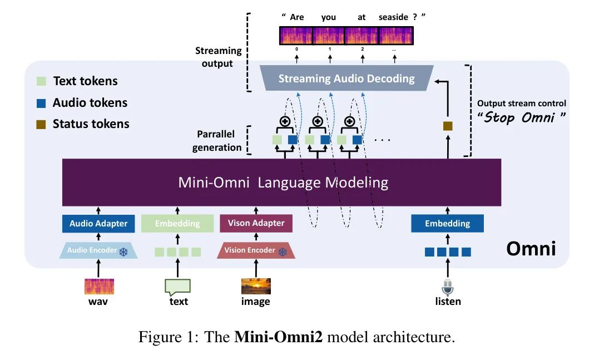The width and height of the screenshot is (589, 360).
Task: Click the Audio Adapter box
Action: (98, 224)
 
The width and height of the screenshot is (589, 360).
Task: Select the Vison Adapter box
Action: (256, 223)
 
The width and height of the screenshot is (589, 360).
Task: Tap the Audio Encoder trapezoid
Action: (98, 250)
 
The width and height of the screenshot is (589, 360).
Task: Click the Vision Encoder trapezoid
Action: (255, 250)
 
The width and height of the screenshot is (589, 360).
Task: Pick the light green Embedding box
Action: (177, 224)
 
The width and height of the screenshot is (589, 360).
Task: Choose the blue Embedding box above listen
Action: (447, 224)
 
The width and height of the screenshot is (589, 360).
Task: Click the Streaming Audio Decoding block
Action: (346, 78)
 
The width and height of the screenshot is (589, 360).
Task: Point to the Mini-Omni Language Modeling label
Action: (283, 183)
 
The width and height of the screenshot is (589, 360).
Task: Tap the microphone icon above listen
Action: (447, 287)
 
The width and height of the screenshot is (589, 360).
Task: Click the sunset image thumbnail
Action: (256, 287)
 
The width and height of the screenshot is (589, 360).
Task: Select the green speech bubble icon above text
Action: (177, 287)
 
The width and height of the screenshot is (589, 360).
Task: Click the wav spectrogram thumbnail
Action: (99, 287)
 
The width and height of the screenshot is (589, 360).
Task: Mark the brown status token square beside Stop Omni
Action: (448, 126)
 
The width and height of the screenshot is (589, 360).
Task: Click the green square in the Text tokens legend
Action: (41, 81)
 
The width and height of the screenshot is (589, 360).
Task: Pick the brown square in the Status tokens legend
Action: (41, 124)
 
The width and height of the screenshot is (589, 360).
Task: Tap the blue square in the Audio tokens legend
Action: (41, 103)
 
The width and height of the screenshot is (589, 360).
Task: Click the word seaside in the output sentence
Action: (393, 17)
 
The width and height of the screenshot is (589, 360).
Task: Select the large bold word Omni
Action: (531, 248)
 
